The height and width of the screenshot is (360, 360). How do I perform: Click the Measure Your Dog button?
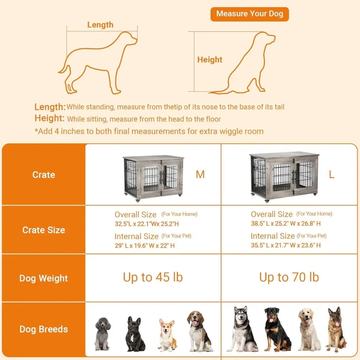tap(249, 14)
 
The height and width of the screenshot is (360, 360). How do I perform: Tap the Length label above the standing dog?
tap(100, 25)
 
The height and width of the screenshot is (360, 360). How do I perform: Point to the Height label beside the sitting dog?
tap(210, 60)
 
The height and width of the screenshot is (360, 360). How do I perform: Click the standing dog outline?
tap(97, 61)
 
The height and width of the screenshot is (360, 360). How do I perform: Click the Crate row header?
tap(44, 175)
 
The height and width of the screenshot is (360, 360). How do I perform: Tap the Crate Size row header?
tap(44, 230)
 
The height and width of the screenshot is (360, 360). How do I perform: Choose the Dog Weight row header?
tap(44, 278)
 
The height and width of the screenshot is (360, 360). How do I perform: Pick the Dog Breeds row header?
tap(44, 329)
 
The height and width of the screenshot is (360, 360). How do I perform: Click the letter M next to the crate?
tap(200, 175)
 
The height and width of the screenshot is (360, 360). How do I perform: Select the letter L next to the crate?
tap(332, 175)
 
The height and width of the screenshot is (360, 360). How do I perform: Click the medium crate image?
tap(153, 176)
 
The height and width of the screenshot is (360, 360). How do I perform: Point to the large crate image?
tap(284, 176)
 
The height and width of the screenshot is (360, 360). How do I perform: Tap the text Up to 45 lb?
tap(153, 277)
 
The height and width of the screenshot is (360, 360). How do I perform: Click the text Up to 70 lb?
tap(289, 277)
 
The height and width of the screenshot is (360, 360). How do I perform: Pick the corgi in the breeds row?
tap(167, 335)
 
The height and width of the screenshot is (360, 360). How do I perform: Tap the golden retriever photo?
tap(309, 329)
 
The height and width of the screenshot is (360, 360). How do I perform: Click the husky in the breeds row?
tap(242, 329)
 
